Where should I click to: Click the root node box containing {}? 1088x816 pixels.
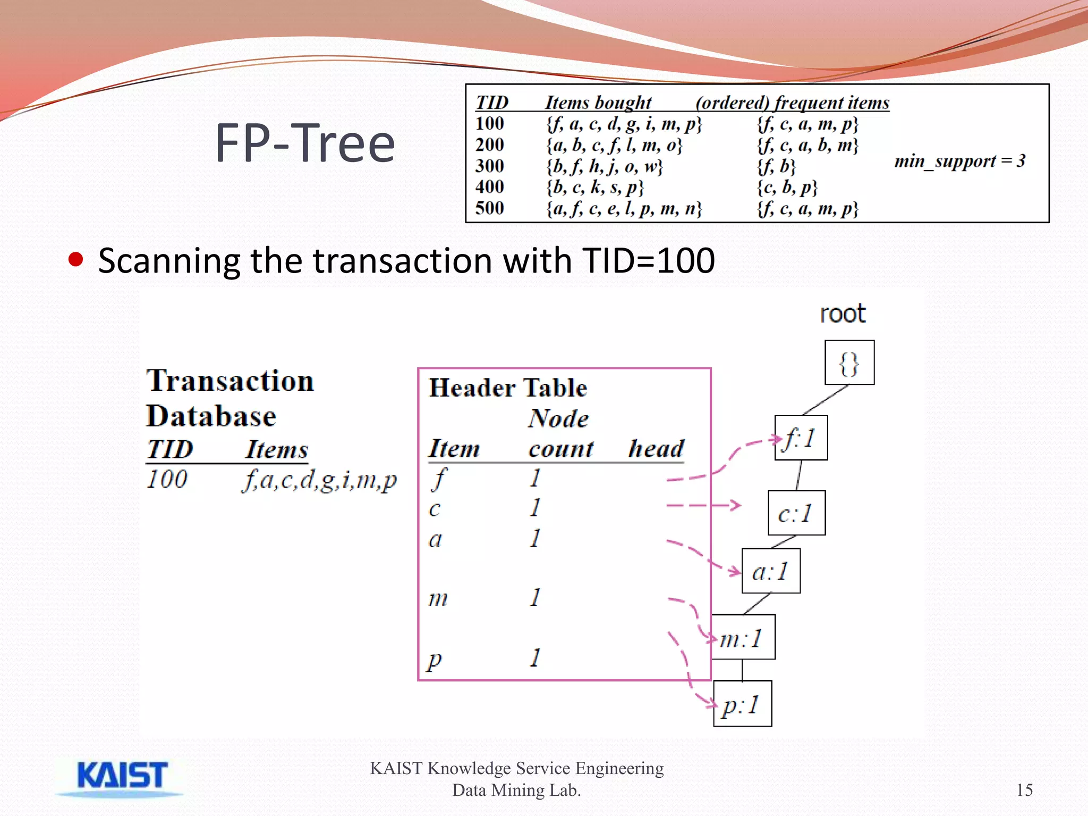[x=849, y=363]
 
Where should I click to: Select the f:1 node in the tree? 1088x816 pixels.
[x=801, y=438]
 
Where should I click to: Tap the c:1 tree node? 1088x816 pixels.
[x=796, y=513]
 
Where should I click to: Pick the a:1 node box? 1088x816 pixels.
[x=771, y=571]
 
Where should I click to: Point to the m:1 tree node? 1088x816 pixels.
[x=743, y=637]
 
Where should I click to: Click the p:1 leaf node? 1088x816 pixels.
[x=742, y=704]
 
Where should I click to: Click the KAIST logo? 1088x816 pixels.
[x=122, y=777]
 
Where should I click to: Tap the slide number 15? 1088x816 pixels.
[x=1024, y=790]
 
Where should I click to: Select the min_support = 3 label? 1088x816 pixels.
[x=959, y=161]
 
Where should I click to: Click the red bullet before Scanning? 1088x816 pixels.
[x=76, y=260]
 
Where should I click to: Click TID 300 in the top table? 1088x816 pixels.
[x=489, y=166]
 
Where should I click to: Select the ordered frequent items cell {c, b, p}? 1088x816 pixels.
[x=787, y=187]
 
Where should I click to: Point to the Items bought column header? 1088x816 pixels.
[x=598, y=102]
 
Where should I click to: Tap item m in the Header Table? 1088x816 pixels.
[x=438, y=598]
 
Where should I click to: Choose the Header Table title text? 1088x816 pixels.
[x=508, y=387]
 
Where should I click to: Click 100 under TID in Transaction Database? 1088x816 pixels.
[x=167, y=479]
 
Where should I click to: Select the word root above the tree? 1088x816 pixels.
[x=843, y=313]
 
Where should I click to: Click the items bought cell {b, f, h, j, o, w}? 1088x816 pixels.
[x=605, y=166]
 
